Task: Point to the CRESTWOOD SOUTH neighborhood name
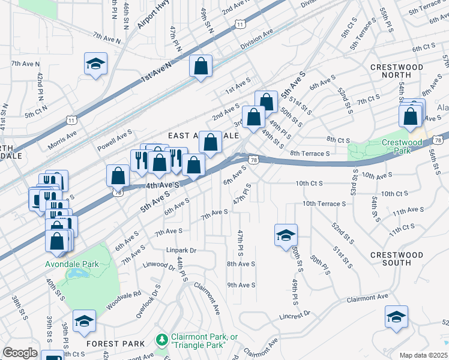click(399, 259)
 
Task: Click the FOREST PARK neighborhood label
click(115, 344)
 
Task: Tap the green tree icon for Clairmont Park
click(161, 340)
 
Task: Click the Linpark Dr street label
click(182, 250)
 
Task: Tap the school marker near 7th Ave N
click(95, 65)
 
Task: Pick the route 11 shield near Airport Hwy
click(240, 24)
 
